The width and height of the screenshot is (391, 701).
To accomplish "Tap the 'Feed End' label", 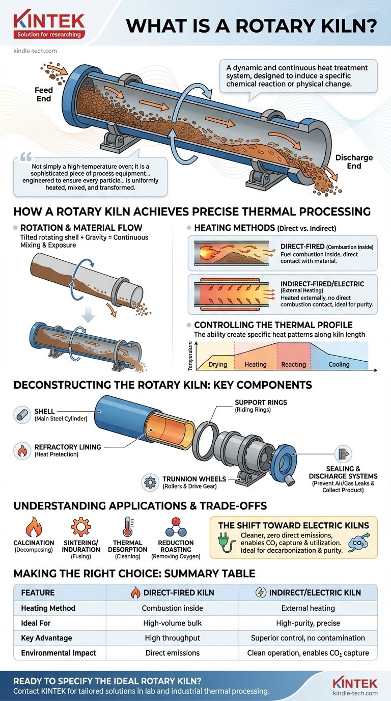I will pyautogui.click(x=44, y=95).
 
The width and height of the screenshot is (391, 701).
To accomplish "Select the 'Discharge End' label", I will pyautogui.click(x=353, y=161).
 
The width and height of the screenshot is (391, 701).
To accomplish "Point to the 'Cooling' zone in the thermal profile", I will pyautogui.click(x=339, y=364).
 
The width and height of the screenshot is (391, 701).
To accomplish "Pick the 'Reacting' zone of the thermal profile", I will pyautogui.click(x=294, y=364).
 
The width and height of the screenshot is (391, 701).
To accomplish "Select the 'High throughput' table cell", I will pyautogui.click(x=172, y=638).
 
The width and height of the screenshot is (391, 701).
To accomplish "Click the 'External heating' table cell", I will pyautogui.click(x=308, y=608).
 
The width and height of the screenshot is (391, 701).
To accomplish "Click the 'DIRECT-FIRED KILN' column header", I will pyautogui.click(x=172, y=592).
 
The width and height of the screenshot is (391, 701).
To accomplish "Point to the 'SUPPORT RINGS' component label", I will pyautogui.click(x=261, y=402).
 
